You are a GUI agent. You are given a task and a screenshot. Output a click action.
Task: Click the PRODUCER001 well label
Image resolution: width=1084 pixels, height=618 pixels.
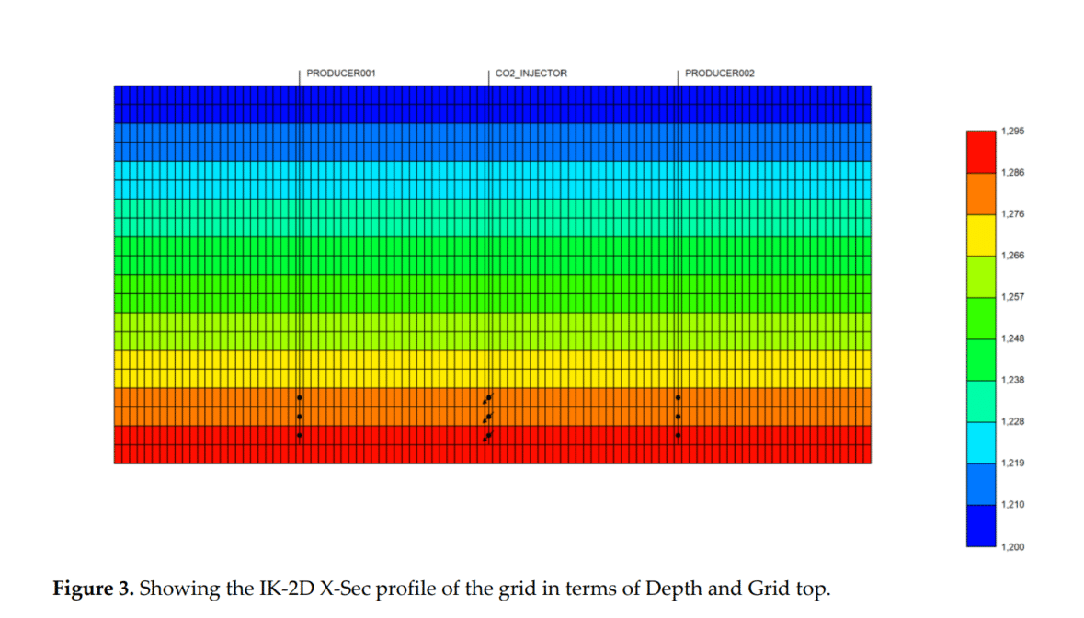pyautogui.click(x=341, y=73)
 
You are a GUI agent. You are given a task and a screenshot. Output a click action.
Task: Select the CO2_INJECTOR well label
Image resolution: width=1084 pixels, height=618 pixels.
pyautogui.click(x=531, y=73)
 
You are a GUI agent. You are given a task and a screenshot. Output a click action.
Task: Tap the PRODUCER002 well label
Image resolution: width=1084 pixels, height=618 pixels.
pyautogui.click(x=720, y=73)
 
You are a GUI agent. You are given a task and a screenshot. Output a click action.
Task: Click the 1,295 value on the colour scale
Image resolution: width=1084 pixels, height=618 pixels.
pyautogui.click(x=1011, y=132)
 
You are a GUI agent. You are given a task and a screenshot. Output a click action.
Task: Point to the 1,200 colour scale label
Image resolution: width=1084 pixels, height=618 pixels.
pyautogui.click(x=1011, y=547)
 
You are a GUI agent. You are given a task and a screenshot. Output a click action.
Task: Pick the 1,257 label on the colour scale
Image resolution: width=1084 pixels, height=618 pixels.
pyautogui.click(x=1011, y=298)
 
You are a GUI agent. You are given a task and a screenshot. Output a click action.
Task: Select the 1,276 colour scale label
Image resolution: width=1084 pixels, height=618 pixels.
pyautogui.click(x=1011, y=214)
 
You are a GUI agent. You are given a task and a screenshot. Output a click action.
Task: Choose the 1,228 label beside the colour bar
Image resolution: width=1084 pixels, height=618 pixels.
pyautogui.click(x=1011, y=422)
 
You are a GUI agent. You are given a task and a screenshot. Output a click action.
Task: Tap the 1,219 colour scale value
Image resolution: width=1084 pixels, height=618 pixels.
pyautogui.click(x=1011, y=463)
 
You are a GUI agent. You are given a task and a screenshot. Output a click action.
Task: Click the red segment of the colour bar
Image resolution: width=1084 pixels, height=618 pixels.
pyautogui.click(x=981, y=152)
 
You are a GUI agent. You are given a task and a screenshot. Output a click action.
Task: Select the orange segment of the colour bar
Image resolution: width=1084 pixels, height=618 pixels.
pyautogui.click(x=981, y=193)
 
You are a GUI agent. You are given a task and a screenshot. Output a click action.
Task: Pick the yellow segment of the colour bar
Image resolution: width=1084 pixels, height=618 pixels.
pyautogui.click(x=981, y=235)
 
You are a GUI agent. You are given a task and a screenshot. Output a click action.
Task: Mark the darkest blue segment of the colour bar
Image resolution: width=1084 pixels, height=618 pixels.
pyautogui.click(x=981, y=526)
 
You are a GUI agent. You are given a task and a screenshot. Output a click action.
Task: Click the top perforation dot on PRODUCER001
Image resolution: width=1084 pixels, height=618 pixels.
pyautogui.click(x=300, y=397)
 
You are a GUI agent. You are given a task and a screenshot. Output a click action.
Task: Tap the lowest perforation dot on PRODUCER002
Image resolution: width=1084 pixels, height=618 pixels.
pyautogui.click(x=679, y=435)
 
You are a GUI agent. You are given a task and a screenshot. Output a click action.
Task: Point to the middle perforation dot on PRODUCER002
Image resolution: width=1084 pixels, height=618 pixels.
pyautogui.click(x=679, y=417)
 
